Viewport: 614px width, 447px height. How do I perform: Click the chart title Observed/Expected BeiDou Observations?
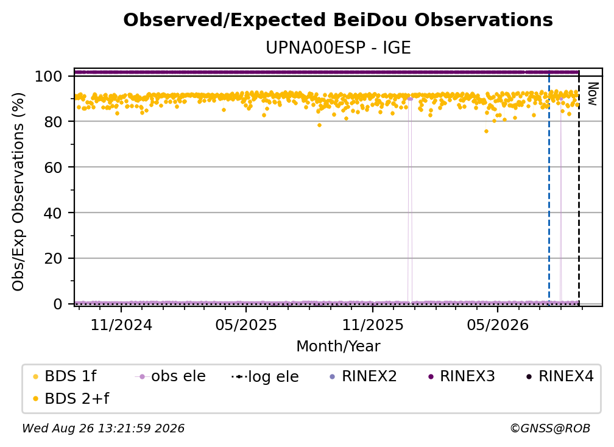338,20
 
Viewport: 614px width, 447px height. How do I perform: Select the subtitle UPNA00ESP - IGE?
338,48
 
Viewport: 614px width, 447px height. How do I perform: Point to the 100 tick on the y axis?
49,76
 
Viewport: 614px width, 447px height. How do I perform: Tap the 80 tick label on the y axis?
53,122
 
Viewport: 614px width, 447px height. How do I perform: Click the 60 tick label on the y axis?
53,167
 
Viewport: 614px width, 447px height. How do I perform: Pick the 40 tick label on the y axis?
53,213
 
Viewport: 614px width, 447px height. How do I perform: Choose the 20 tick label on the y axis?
53,259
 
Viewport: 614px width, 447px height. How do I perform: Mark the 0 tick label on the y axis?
58,304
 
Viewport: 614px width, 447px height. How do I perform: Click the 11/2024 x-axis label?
121,325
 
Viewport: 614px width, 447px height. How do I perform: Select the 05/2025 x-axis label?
246,325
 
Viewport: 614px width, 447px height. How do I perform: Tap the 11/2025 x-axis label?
373,325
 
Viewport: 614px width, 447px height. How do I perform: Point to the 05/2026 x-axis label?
498,325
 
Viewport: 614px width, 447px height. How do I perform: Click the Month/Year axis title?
338,347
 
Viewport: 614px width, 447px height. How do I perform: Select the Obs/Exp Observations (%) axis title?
18,192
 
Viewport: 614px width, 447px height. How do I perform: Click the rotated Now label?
593,94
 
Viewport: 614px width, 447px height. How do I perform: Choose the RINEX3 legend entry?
462,376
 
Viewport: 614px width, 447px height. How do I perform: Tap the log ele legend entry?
266,377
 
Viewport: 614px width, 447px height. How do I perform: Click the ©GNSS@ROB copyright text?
550,429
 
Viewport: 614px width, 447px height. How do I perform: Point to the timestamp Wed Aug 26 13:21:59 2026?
104,429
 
